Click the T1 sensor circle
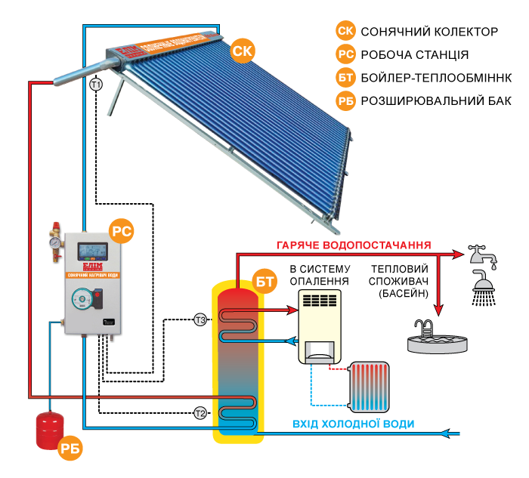96,85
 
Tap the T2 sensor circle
200,413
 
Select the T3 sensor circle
200,320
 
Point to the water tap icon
481,255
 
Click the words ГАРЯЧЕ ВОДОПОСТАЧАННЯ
354,245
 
